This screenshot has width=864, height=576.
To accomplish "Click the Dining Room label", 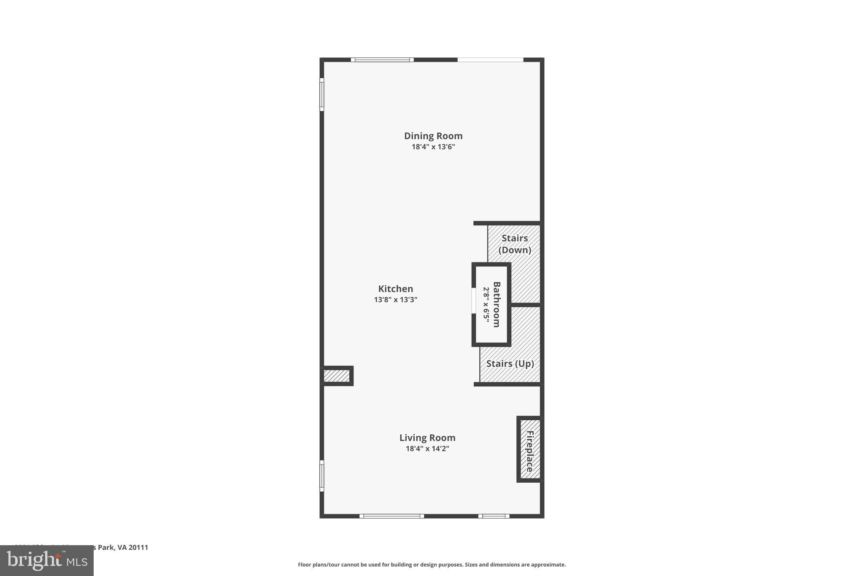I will pyautogui.click(x=433, y=136).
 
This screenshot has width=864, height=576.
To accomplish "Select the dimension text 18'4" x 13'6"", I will pyautogui.click(x=433, y=147).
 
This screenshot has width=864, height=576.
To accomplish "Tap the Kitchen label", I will pyautogui.click(x=395, y=289).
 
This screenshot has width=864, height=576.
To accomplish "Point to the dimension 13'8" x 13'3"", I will pyautogui.click(x=395, y=300).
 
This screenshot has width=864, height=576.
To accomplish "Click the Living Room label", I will pyautogui.click(x=427, y=438).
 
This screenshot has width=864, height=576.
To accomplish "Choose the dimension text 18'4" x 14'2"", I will pyautogui.click(x=427, y=449).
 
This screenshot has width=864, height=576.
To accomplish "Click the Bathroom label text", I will pyautogui.click(x=497, y=304).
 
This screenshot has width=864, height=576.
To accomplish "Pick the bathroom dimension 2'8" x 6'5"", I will pyautogui.click(x=486, y=305).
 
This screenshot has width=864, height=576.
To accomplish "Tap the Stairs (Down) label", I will pyautogui.click(x=515, y=244).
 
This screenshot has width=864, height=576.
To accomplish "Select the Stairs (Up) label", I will pyautogui.click(x=510, y=364).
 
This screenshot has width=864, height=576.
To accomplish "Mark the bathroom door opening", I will pyautogui.click(x=474, y=301).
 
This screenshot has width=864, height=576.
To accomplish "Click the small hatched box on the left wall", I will pyautogui.click(x=337, y=376).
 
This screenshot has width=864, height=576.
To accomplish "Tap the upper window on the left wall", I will pyautogui.click(x=322, y=95).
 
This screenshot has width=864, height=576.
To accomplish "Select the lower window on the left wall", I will pyautogui.click(x=322, y=476).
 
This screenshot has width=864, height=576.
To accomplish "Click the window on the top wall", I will pyautogui.click(x=382, y=60).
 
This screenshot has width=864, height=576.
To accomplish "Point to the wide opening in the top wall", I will pyautogui.click(x=490, y=60).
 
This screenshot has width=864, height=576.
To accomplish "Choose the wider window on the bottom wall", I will pyautogui.click(x=392, y=516).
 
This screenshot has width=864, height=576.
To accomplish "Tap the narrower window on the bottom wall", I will pyautogui.click(x=494, y=516).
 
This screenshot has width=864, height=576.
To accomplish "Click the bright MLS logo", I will pyautogui.click(x=47, y=561).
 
